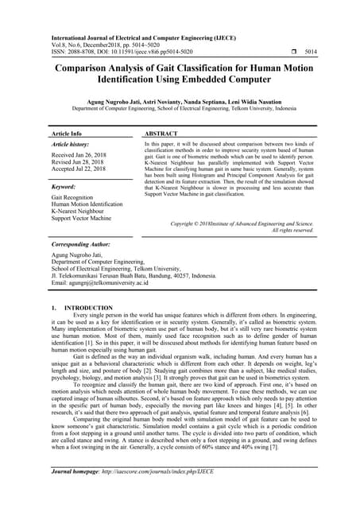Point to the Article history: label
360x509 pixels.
point(72,146)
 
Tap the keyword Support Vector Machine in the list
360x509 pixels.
point(82,218)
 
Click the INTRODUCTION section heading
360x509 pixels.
point(87,307)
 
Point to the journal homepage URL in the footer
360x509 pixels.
point(160,493)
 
